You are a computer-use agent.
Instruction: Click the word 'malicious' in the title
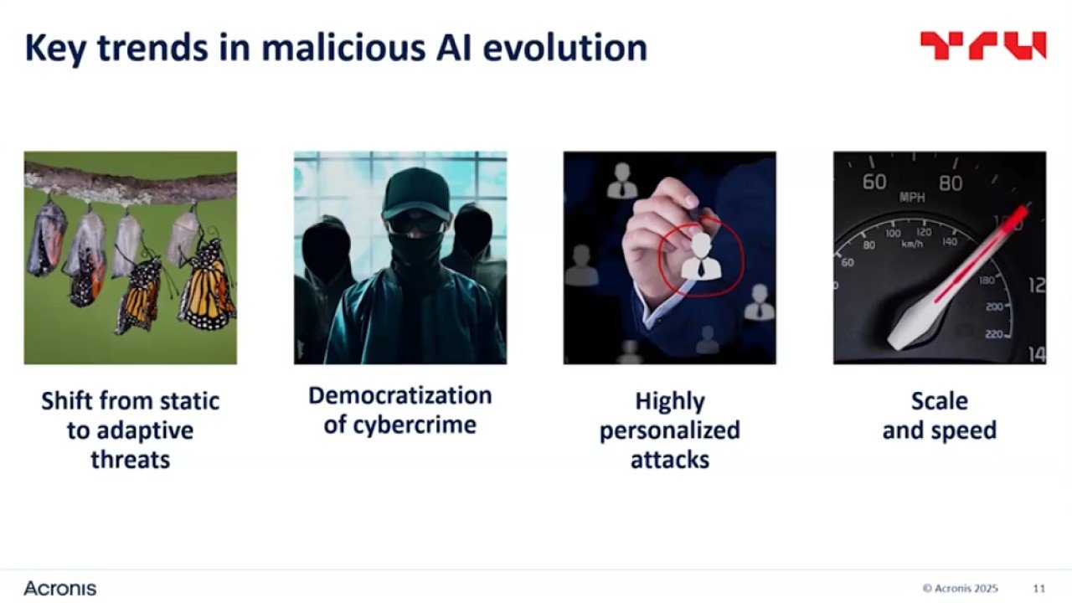[343, 48]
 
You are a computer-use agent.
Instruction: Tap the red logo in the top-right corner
[983, 45]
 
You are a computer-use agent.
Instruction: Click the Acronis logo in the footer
[59, 588]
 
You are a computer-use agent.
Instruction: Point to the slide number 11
[1039, 589]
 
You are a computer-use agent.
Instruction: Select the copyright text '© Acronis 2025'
[960, 589]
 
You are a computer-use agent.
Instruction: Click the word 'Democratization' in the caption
[400, 396]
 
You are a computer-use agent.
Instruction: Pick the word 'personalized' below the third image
[669, 430]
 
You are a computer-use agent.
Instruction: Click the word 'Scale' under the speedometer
[940, 401]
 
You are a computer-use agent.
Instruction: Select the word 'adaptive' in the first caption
[145, 430]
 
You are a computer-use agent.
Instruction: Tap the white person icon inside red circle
[701, 256]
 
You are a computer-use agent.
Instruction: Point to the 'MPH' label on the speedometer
[912, 197]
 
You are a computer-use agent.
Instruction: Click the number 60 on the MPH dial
[874, 182]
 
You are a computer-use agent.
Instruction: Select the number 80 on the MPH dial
[951, 183]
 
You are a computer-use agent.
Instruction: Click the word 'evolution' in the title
[565, 48]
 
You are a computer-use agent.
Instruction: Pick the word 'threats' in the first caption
[130, 460]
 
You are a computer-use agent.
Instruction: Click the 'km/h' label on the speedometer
[912, 244]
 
